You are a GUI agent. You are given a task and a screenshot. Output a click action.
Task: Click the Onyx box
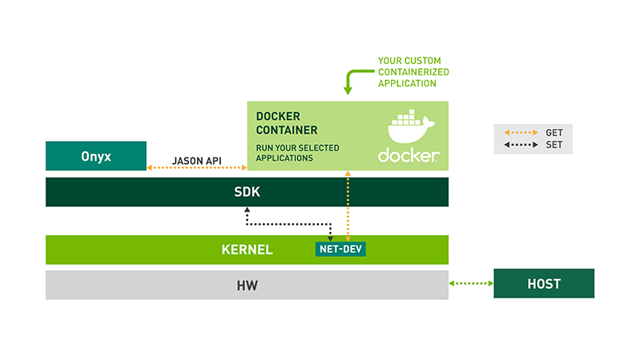[96, 156]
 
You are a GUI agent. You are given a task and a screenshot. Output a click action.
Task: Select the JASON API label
[197, 160]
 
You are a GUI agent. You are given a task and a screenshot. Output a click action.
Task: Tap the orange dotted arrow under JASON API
[197, 169]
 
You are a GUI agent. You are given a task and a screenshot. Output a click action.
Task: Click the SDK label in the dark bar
[246, 192]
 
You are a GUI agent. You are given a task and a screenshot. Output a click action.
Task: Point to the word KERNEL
[247, 250]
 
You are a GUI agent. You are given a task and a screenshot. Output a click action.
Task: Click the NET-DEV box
[340, 250]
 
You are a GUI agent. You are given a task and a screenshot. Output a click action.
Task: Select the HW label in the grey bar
[247, 285]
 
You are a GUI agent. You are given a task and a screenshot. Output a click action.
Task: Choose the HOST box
[544, 284]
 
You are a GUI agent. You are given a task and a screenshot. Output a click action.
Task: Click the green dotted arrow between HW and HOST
[471, 284]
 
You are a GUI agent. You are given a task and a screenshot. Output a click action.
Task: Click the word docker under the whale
[408, 155]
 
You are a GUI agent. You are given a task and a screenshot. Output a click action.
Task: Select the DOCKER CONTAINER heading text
[286, 123]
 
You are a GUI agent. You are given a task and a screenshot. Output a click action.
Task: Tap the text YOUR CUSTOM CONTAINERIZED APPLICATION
[413, 71]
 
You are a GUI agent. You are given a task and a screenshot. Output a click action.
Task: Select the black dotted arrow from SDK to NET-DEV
[288, 224]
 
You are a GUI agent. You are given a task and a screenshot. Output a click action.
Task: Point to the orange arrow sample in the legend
[521, 132]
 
